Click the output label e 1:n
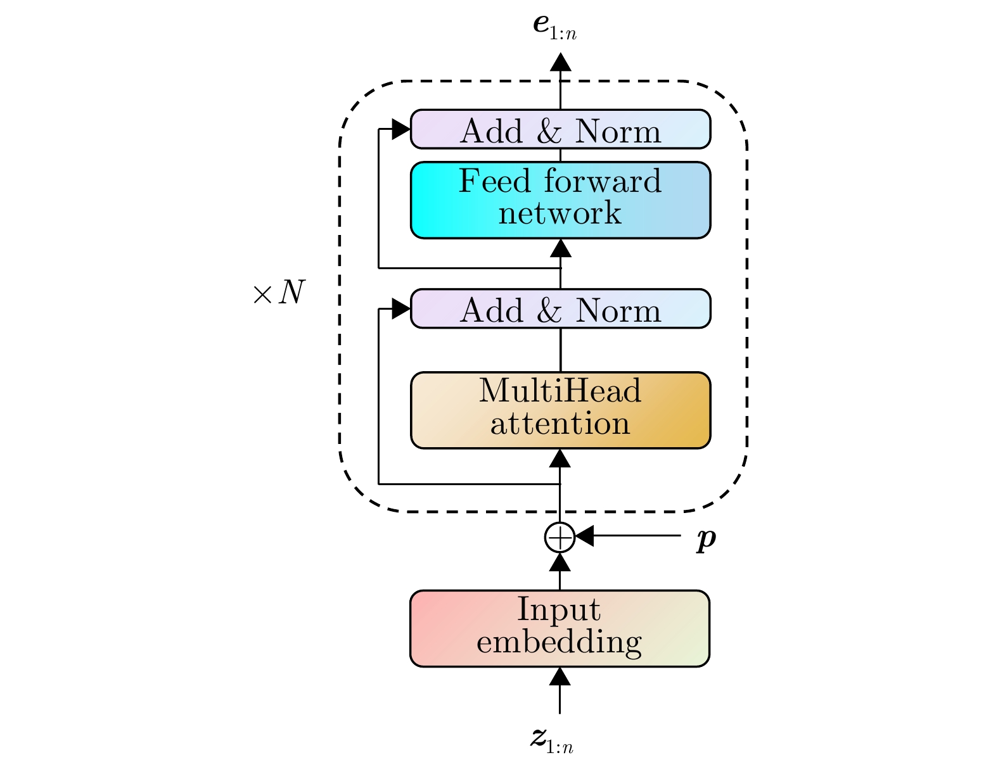[554, 27]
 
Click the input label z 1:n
[552, 740]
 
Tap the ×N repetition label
[279, 293]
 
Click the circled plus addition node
[560, 537]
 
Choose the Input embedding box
[560, 628]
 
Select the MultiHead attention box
[560, 410]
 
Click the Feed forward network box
[560, 200]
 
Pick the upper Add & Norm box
[560, 129]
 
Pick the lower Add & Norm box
[560, 308]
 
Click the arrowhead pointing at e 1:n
[560, 62]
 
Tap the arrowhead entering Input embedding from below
[560, 676]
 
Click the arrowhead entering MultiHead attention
[560, 459]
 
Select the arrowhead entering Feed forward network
[560, 248]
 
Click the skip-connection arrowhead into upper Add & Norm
[400, 129]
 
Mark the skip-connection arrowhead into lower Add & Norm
[400, 309]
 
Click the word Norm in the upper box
[618, 131]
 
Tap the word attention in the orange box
[560, 424]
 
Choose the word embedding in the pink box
[559, 643]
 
